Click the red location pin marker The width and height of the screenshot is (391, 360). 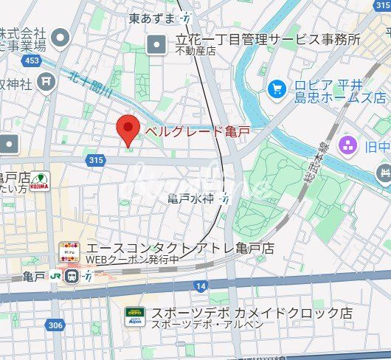[129, 131]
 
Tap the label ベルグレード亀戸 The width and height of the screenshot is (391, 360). [196, 131]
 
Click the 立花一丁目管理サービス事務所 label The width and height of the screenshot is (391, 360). [267, 39]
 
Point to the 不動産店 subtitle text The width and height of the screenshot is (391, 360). [195, 51]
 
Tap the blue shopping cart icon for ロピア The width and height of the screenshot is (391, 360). [277, 89]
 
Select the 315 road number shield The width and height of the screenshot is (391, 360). [94, 160]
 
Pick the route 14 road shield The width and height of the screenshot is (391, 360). [201, 285]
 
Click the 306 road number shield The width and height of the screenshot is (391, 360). [55, 324]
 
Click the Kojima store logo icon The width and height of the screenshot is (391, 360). [40, 181]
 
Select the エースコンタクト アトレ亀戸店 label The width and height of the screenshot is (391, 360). [180, 248]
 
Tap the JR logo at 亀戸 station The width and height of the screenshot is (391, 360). [56, 277]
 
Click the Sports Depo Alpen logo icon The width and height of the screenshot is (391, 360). [134, 316]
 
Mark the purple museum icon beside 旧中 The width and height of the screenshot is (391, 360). [347, 145]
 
